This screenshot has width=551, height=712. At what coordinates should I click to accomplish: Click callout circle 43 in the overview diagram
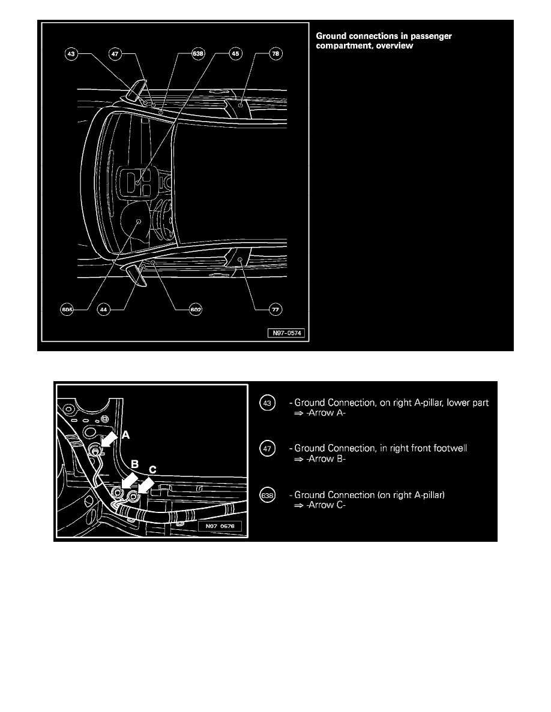[x=71, y=54]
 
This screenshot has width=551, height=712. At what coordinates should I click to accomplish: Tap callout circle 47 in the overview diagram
[x=114, y=54]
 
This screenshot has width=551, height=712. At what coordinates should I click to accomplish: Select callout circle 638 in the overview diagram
[x=197, y=54]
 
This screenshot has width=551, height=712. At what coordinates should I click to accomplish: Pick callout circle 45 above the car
[x=236, y=54]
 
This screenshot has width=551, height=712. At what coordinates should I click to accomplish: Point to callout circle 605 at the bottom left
[x=67, y=310]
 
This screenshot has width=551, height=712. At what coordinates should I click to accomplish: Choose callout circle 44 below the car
[x=104, y=310]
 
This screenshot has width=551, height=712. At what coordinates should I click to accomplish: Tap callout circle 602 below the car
[x=195, y=310]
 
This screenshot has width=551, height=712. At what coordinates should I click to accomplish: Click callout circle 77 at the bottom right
[x=275, y=310]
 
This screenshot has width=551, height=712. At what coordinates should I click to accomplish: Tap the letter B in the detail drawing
[x=135, y=464]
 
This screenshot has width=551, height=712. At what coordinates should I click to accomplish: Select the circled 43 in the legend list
[x=266, y=403]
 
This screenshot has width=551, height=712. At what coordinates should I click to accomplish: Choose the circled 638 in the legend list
[x=266, y=496]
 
